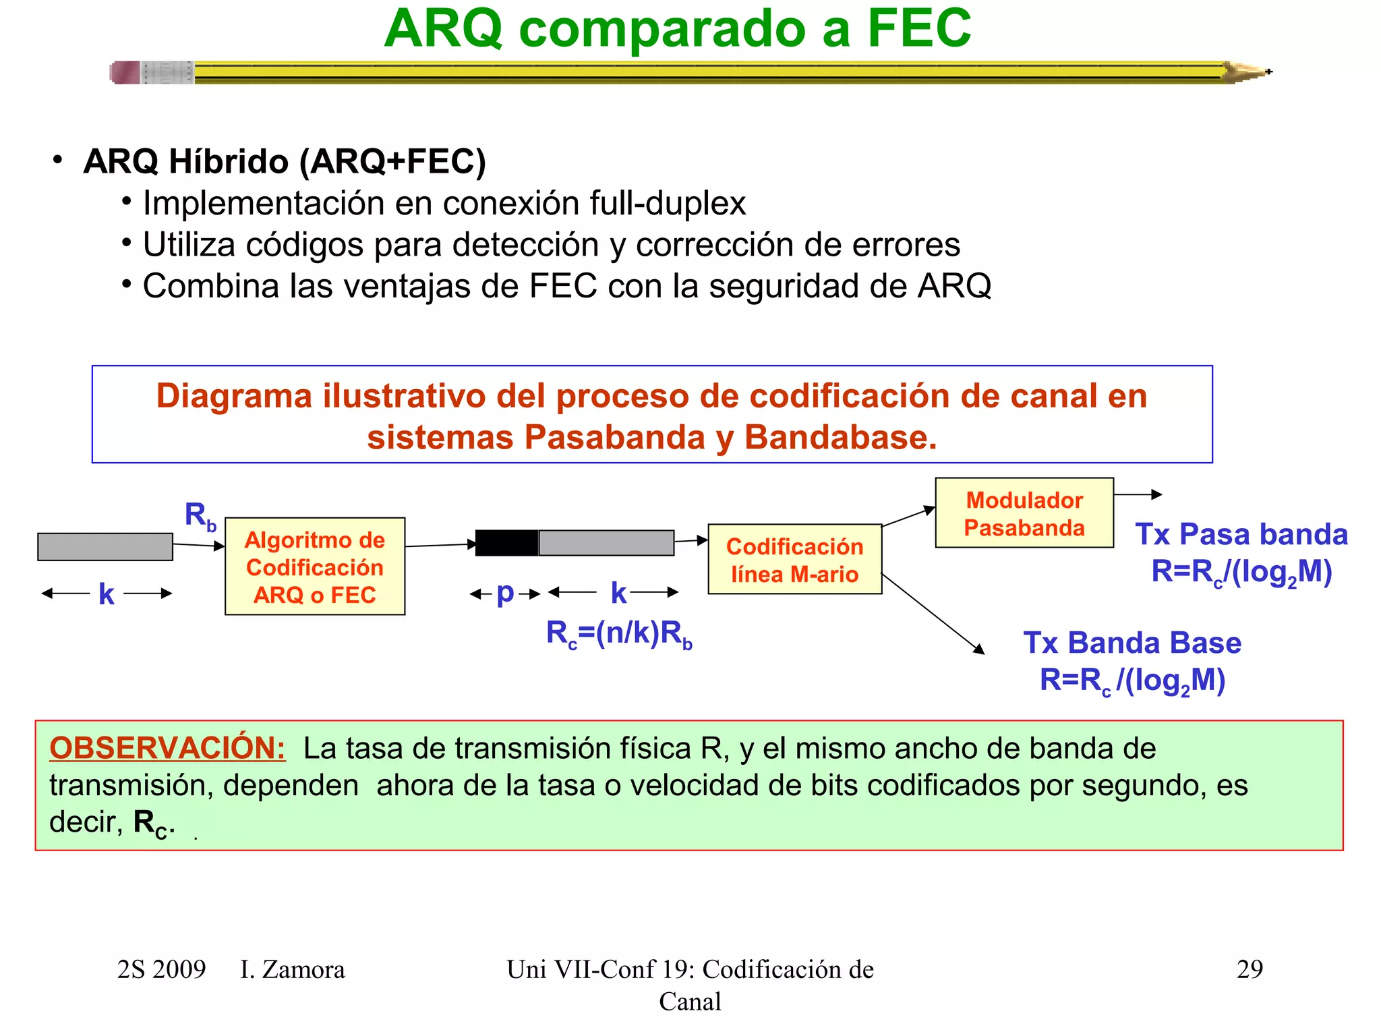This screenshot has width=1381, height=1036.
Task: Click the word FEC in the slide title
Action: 918,28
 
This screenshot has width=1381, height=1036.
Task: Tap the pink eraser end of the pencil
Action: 125,72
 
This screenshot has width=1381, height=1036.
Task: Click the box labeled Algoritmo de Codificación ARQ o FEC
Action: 315,567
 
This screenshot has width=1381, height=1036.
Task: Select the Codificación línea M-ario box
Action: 794,560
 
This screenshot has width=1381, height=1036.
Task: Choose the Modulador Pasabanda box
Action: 1024,513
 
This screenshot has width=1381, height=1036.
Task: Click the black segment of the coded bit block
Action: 506,543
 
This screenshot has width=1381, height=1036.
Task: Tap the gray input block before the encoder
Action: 105,546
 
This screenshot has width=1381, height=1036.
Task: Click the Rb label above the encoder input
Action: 200,516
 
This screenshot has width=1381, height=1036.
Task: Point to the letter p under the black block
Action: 505,593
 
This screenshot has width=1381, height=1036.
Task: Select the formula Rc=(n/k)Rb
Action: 619,634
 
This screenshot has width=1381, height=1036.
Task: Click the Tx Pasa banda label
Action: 1241,534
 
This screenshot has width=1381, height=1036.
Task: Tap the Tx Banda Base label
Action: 1132,643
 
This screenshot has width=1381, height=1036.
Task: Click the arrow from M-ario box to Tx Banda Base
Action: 934,614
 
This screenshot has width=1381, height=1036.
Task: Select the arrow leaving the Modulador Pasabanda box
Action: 1138,494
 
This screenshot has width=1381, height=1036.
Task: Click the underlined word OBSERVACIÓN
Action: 167,748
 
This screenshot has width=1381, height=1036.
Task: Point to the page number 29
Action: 1249,969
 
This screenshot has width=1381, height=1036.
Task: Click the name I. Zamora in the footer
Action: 292,969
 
